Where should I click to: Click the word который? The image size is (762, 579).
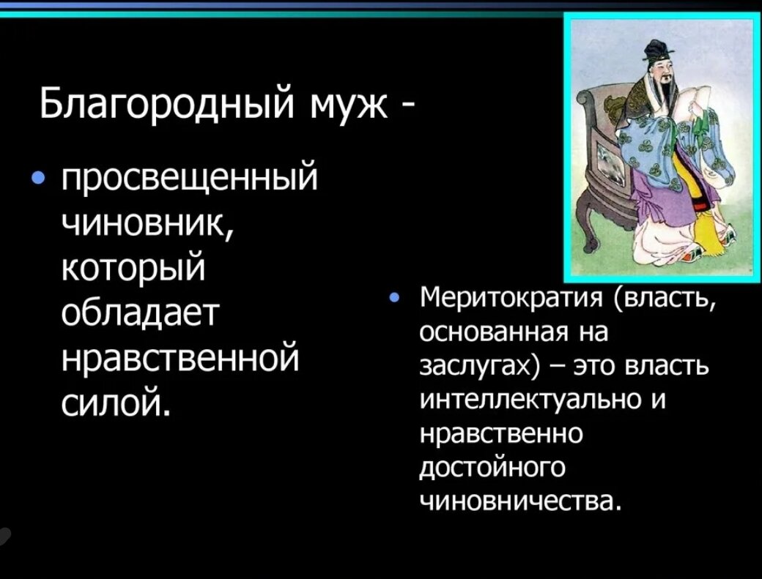tap(133, 269)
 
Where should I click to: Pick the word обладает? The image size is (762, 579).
tap(140, 313)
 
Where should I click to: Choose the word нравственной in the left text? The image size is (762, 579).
tap(180, 358)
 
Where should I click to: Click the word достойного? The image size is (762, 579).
tap(492, 468)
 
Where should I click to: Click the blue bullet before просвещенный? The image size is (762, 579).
tap(39, 179)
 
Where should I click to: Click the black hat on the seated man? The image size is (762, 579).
tap(655, 50)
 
